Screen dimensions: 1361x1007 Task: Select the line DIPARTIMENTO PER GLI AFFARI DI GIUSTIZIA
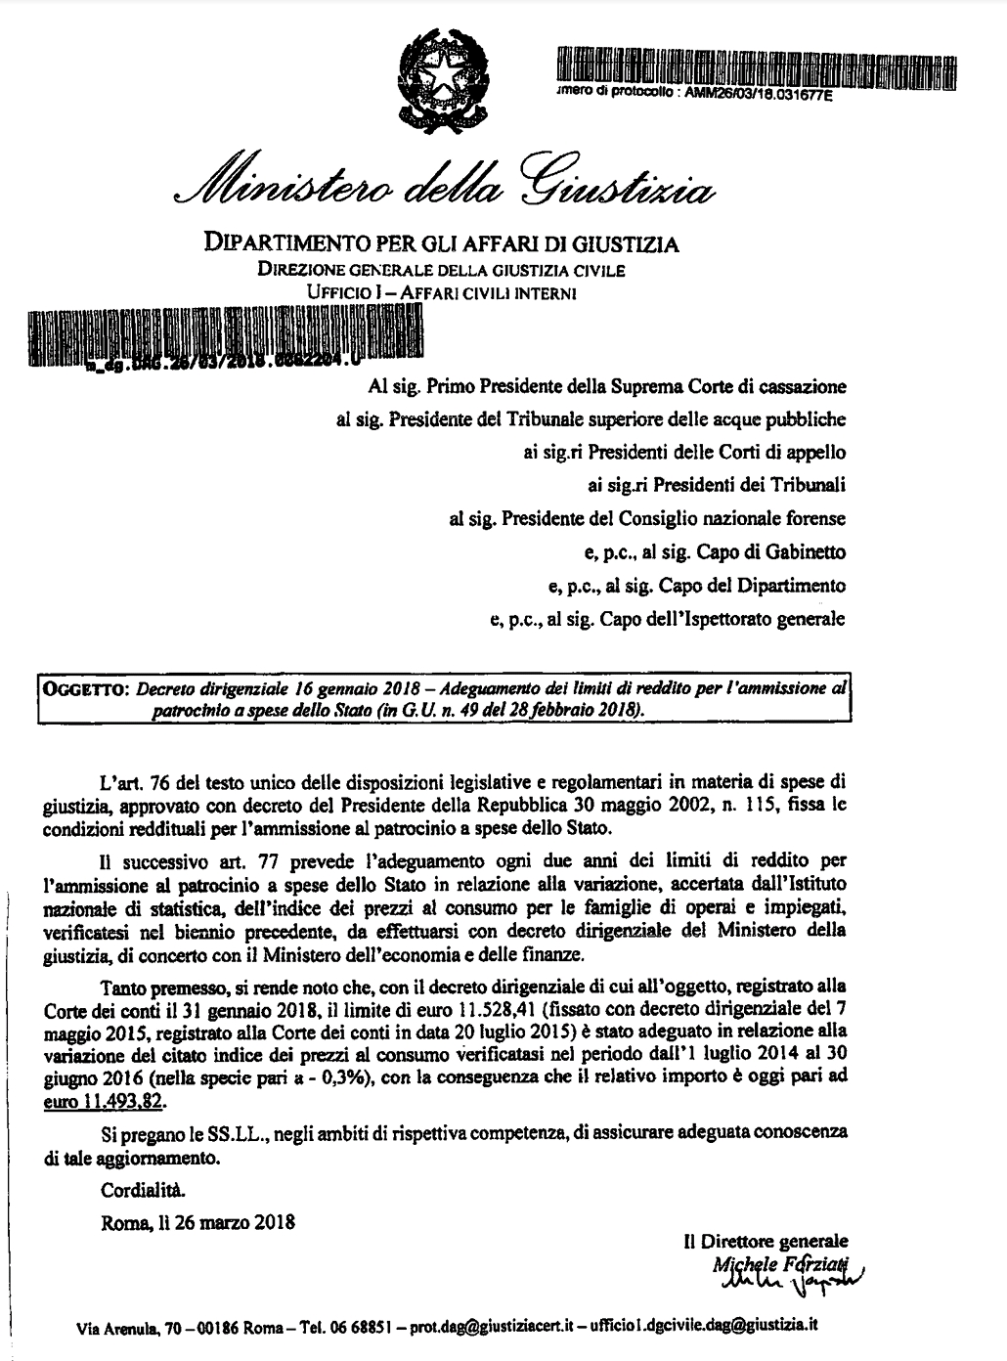tap(440, 242)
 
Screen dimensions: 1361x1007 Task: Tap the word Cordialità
tap(141, 1190)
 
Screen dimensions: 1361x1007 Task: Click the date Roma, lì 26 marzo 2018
tap(197, 1222)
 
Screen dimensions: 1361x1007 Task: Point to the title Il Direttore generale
tap(766, 1242)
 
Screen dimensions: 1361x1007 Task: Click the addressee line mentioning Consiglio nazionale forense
tap(647, 518)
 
